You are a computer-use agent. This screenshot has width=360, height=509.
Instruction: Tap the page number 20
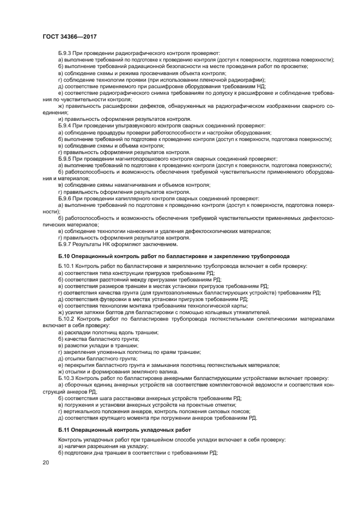click(46, 462)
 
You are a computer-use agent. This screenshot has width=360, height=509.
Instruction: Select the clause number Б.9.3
click(66, 53)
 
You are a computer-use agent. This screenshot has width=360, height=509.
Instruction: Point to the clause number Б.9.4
click(66, 125)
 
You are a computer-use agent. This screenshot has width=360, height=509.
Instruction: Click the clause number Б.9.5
click(66, 158)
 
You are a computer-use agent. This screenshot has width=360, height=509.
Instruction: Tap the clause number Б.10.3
click(68, 377)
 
